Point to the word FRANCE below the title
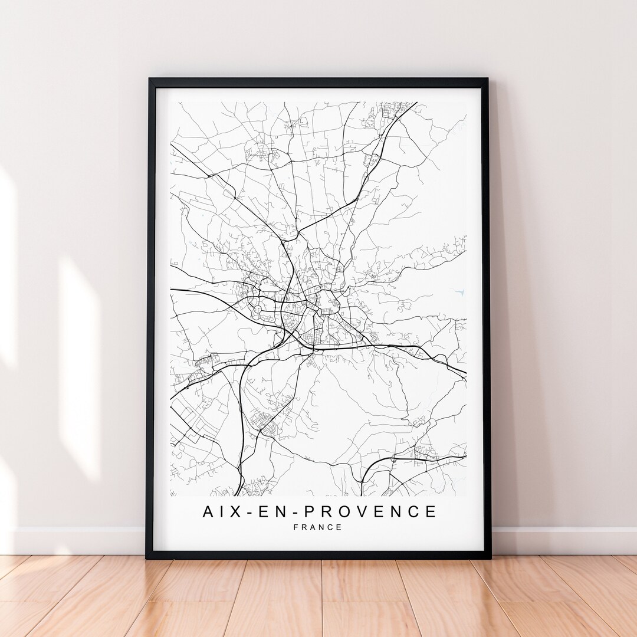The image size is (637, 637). tap(317, 527)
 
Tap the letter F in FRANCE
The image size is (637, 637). tap(295, 527)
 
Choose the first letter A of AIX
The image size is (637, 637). tap(209, 511)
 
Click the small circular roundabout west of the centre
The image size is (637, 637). tap(257, 309)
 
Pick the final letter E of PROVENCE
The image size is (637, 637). tap(431, 511)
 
